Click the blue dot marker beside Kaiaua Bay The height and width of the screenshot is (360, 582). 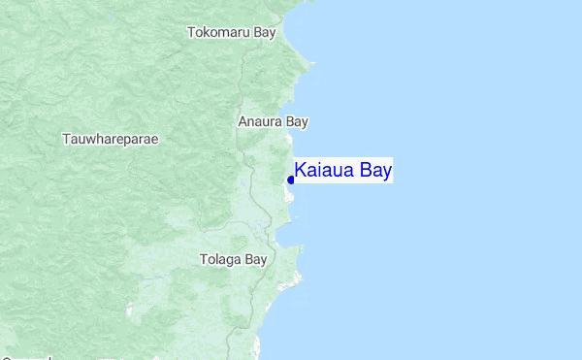coord(291,180)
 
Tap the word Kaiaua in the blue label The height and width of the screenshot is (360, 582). coord(326,172)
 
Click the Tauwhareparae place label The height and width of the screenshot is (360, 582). coord(110,139)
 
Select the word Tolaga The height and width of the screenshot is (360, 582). coord(220,259)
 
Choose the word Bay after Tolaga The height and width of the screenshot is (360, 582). coord(255,259)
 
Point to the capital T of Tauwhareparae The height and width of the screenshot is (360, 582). coord(66,139)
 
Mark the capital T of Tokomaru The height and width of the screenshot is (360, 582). coord(190,32)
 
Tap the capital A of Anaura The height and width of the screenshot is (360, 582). coord(242,122)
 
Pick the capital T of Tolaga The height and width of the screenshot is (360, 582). coord(203,259)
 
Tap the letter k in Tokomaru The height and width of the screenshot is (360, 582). coord(206,32)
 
